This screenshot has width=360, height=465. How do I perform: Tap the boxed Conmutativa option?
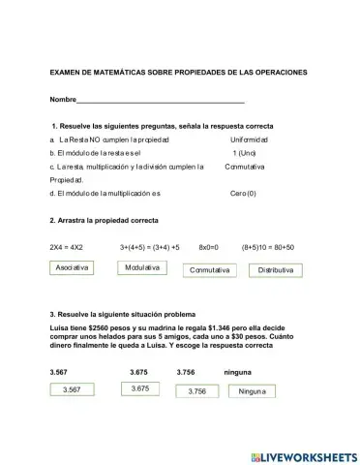pos(210,270)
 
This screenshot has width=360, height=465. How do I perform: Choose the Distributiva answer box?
pos(276,270)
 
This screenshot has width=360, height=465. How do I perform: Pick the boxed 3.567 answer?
pos(71,389)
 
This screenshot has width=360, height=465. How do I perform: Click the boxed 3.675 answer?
pos(139,388)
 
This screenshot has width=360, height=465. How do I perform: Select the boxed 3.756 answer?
pos(197,391)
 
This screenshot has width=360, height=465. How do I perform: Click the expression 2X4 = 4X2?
pos(67,247)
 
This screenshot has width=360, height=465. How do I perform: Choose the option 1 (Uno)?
pos(244,153)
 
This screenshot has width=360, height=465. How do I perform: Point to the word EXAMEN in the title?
pos(67,73)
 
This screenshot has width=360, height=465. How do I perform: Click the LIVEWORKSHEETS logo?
pos(303,455)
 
